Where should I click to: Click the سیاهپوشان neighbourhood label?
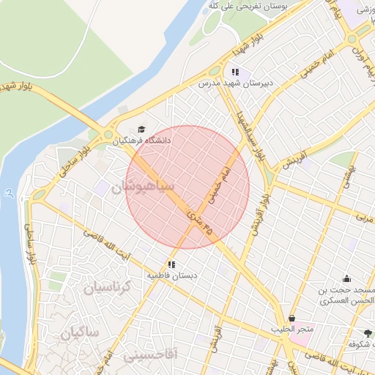144,187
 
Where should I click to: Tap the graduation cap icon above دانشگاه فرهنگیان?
141,128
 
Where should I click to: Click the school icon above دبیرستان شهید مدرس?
235,72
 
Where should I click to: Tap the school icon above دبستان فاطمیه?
171,264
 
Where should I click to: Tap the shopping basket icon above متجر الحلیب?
293,319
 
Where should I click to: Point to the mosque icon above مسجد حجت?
346,278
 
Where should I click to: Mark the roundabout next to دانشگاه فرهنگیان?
108,135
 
